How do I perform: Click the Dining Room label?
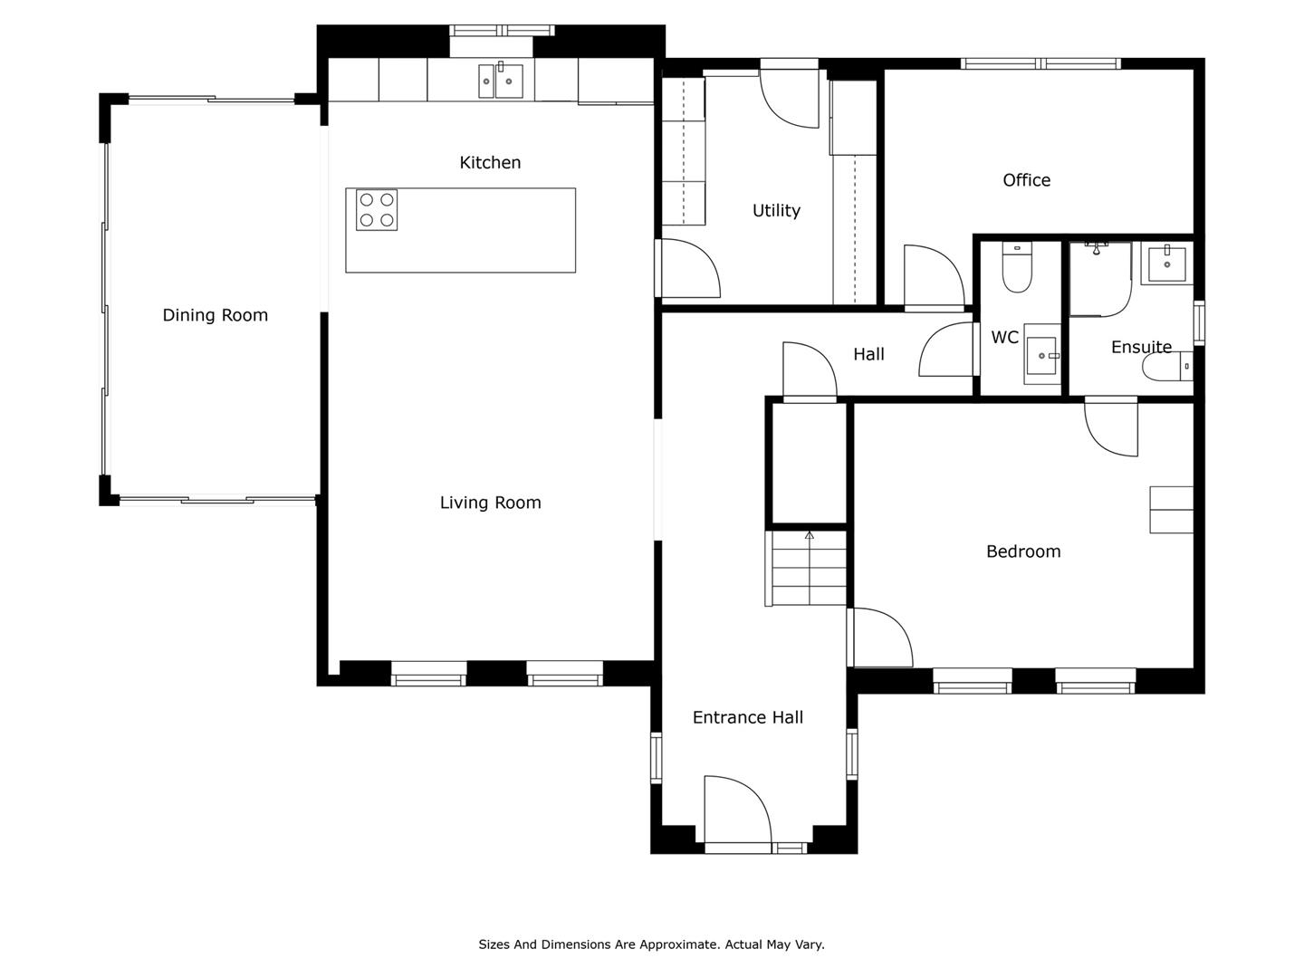click(x=215, y=315)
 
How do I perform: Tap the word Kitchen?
click(x=490, y=163)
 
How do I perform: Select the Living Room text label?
click(x=490, y=503)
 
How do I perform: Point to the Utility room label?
click(x=776, y=211)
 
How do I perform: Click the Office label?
click(x=1026, y=180)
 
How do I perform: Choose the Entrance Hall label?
click(x=747, y=717)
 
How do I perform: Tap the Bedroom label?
click(x=1023, y=551)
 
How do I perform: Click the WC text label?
click(x=1004, y=337)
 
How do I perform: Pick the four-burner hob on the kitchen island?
click(x=377, y=209)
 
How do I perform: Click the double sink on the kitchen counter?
click(x=501, y=81)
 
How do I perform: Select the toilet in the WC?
click(x=1017, y=266)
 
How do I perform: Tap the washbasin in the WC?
click(x=1041, y=354)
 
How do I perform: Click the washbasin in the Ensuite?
click(x=1166, y=264)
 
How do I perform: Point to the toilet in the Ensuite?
click(x=1167, y=367)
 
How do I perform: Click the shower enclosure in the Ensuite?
click(x=1100, y=279)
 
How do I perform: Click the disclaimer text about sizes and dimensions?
click(x=651, y=944)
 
